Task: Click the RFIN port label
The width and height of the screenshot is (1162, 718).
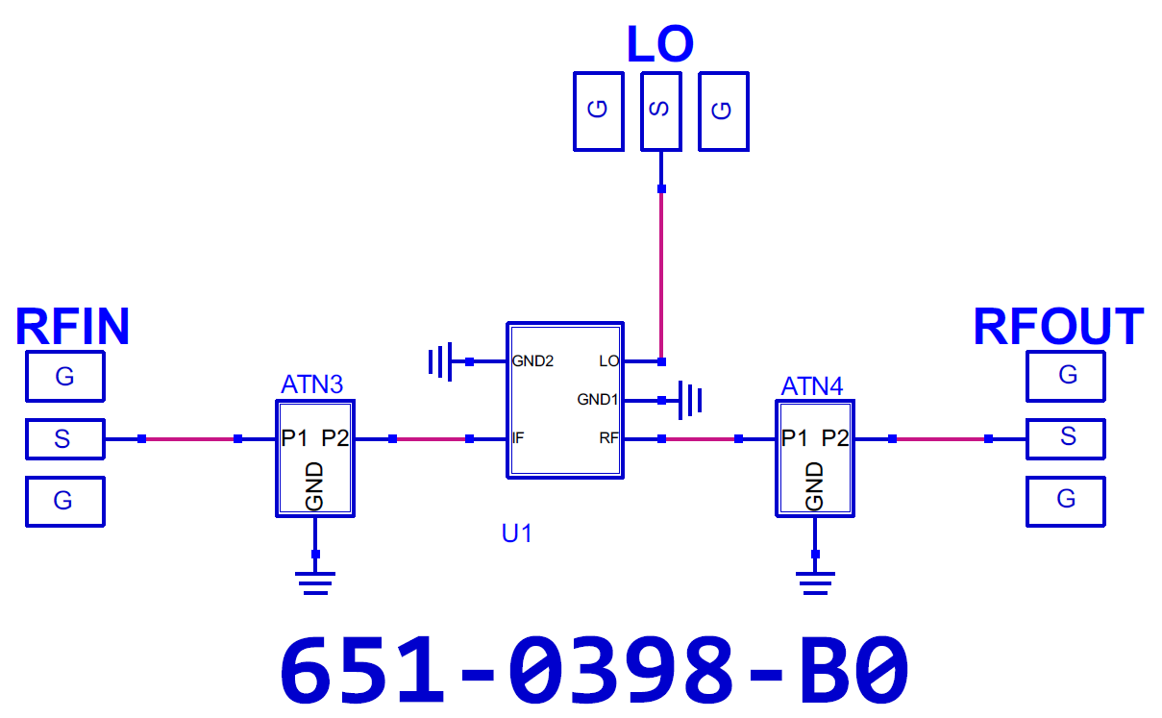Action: [x=72, y=327]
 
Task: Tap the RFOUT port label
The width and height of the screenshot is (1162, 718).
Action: [x=1057, y=327]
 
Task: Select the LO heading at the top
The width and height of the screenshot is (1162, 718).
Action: [x=659, y=44]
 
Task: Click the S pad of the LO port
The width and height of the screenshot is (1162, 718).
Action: [x=660, y=111]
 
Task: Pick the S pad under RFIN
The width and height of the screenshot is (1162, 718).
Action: [x=63, y=439]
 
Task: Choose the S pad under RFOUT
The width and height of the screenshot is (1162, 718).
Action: [x=1066, y=438]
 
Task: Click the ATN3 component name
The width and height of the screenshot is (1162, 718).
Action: [x=311, y=385]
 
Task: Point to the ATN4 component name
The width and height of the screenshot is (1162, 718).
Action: [x=812, y=386]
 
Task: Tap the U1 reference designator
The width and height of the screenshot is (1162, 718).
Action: [x=516, y=532]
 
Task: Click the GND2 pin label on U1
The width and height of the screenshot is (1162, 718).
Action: [x=532, y=361]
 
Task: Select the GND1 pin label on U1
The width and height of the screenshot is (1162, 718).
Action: [x=597, y=399]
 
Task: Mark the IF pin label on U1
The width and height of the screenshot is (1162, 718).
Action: [x=518, y=438]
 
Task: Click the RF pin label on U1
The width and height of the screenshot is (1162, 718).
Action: [x=608, y=438]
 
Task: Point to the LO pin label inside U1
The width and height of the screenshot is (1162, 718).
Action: [x=608, y=361]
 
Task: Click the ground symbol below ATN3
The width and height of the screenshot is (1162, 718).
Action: [x=315, y=581]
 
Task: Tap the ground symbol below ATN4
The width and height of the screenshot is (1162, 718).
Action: [x=815, y=581]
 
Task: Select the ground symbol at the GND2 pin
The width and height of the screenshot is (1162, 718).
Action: [x=440, y=362]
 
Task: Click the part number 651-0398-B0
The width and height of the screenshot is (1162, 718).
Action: [x=594, y=670]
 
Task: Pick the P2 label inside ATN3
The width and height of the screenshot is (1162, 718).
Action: [x=335, y=438]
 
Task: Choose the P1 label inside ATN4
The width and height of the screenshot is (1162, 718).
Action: [x=795, y=438]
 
